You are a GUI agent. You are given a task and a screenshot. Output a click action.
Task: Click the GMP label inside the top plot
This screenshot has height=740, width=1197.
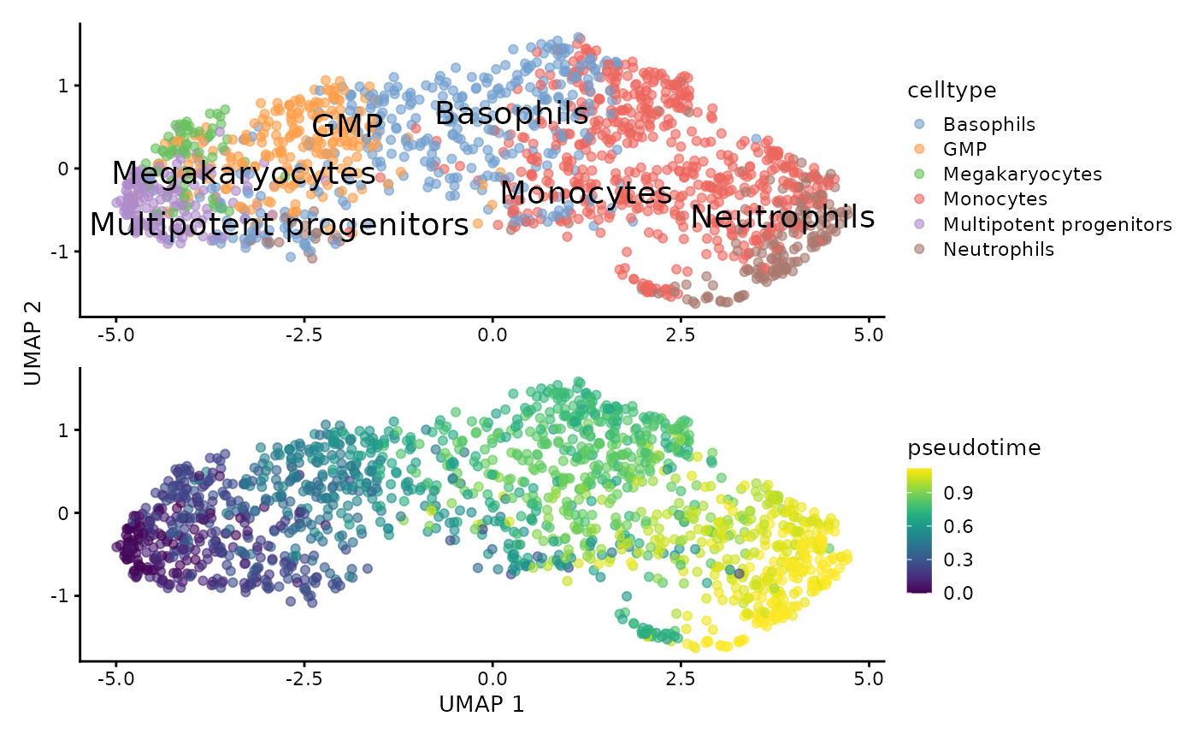click(346, 127)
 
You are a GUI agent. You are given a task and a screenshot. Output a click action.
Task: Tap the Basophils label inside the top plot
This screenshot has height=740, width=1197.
click(511, 114)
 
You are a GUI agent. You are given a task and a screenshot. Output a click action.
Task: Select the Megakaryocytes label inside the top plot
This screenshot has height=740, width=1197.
click(244, 174)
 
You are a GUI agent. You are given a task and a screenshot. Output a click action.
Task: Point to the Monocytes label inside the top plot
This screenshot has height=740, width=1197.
click(586, 193)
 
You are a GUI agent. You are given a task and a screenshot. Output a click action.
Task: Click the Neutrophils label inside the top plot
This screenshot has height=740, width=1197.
click(782, 217)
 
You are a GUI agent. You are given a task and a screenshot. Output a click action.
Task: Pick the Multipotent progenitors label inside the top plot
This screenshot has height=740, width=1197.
click(280, 225)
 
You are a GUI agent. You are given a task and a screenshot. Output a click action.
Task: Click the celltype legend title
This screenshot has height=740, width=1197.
click(951, 90)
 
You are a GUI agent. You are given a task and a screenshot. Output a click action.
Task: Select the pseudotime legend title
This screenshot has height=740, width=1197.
click(974, 447)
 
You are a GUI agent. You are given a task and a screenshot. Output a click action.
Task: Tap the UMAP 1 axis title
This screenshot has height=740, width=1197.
click(481, 704)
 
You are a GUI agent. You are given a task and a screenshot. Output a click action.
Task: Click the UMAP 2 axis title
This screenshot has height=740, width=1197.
click(32, 342)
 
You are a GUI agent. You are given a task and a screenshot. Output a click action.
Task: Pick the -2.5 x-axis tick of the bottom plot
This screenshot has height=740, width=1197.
click(304, 677)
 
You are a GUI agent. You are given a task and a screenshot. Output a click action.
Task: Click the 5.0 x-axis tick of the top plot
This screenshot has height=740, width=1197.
click(870, 333)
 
